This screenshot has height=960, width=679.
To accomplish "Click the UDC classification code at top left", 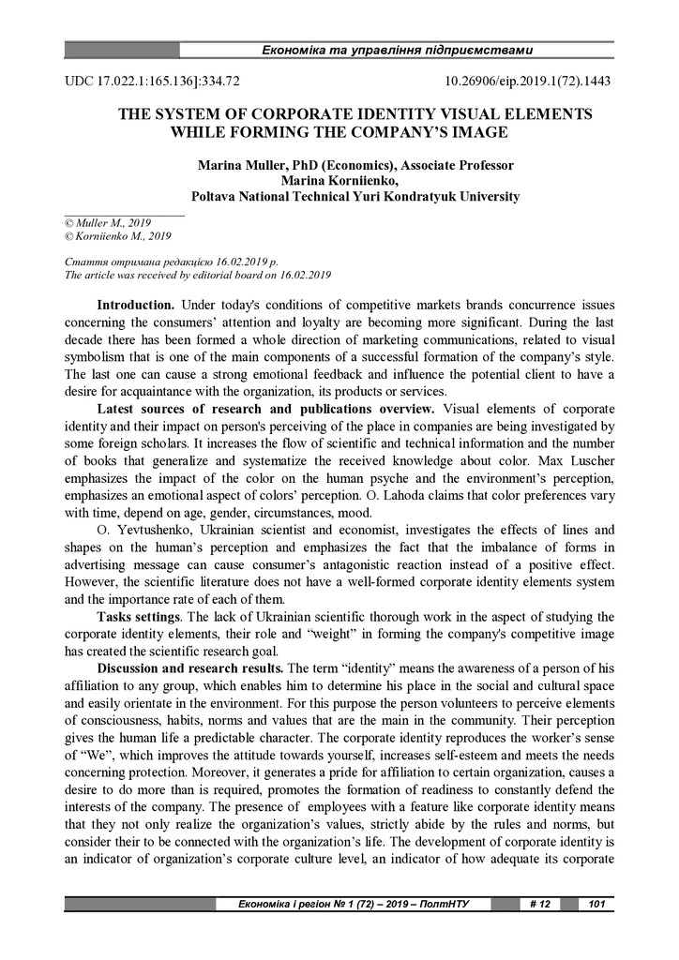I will (x=152, y=82).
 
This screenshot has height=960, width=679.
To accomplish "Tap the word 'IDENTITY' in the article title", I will (x=370, y=114).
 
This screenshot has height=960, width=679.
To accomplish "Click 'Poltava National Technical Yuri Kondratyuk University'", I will (x=355, y=197).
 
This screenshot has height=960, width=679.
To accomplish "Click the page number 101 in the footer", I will (x=596, y=904).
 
